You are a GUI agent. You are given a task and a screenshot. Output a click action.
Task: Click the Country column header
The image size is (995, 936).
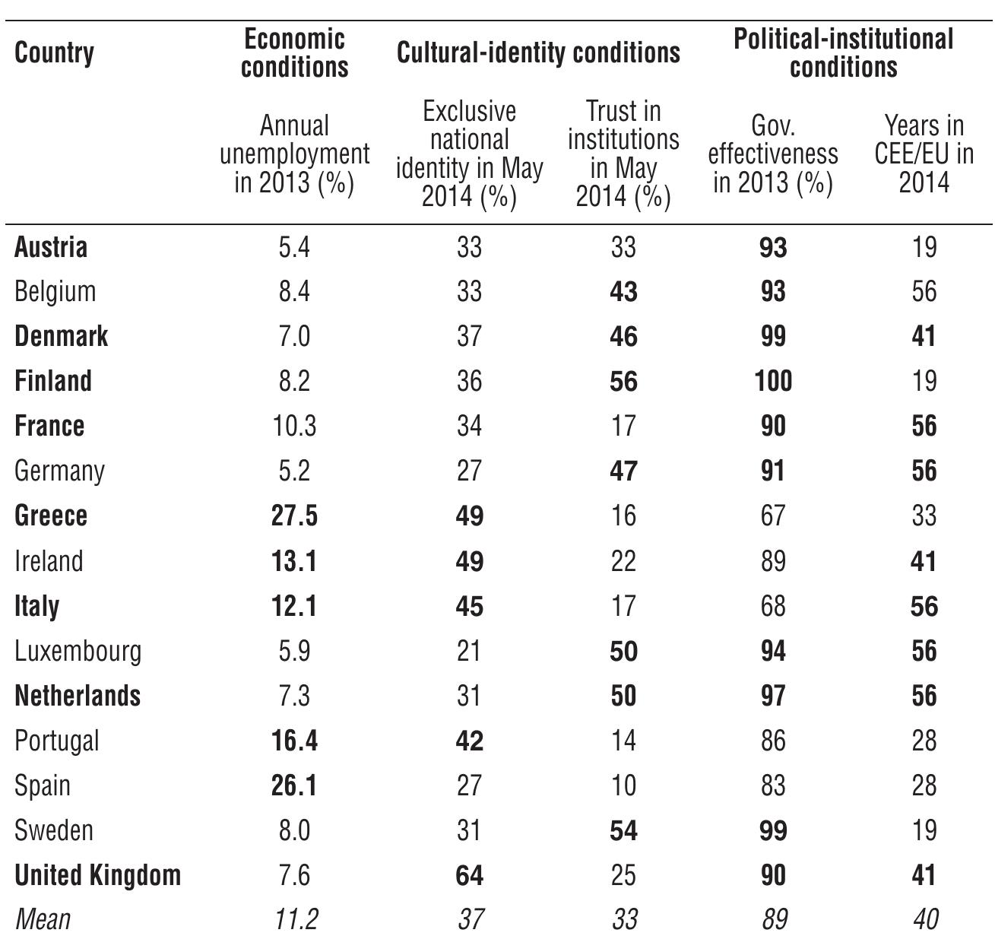pyautogui.click(x=54, y=53)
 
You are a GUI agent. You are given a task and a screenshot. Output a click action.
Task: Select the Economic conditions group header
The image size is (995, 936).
pyautogui.click(x=294, y=53)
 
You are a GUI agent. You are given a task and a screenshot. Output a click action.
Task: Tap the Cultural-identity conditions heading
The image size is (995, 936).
pyautogui.click(x=538, y=52)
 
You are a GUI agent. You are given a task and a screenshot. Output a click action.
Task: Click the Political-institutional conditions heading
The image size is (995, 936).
pyautogui.click(x=843, y=53)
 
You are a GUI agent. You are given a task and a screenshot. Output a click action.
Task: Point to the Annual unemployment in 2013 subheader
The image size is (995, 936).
pyautogui.click(x=294, y=154)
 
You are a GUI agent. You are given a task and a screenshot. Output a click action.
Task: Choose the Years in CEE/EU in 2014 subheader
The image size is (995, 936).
pyautogui.click(x=924, y=154)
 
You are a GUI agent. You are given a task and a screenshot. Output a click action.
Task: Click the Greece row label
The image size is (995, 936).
pyautogui.click(x=51, y=516)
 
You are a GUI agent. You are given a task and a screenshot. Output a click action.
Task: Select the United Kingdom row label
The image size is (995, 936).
pyautogui.click(x=97, y=875)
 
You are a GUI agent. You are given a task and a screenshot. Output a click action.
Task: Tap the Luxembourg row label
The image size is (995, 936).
pyautogui.click(x=78, y=651)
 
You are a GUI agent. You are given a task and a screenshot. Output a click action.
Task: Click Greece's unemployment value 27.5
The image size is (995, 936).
pyautogui.click(x=294, y=516)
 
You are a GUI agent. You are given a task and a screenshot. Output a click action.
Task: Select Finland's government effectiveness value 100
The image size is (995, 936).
pyautogui.click(x=773, y=381)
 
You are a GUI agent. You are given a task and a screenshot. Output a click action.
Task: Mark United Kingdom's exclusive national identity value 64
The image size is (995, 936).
pyautogui.click(x=469, y=875)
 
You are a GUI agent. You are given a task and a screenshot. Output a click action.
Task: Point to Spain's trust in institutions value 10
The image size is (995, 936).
pyautogui.click(x=623, y=785)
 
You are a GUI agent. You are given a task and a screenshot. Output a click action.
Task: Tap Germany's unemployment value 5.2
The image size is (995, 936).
pyautogui.click(x=294, y=471)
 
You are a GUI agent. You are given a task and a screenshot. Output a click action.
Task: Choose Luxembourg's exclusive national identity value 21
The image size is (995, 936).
pyautogui.click(x=469, y=651)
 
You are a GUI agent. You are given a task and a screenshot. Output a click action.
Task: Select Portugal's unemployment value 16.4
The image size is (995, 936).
pyautogui.click(x=294, y=741)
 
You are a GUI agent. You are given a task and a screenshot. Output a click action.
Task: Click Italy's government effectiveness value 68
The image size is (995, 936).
pyautogui.click(x=773, y=606)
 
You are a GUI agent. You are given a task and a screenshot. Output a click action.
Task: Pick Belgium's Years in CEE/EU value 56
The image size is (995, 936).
pyautogui.click(x=924, y=291)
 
